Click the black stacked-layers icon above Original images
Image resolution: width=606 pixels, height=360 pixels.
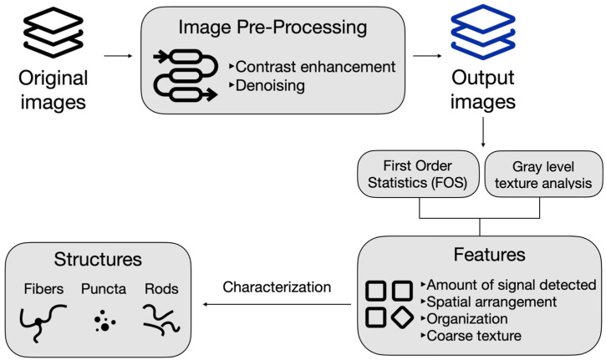(x=53, y=32)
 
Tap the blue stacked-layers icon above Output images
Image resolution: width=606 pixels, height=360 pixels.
(x=483, y=32)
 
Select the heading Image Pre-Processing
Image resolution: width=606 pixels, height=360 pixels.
(x=272, y=28)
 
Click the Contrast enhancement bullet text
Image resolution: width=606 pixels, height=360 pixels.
(x=315, y=67)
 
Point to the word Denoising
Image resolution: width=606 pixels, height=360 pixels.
(x=270, y=86)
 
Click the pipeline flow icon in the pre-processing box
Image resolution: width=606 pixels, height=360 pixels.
(x=186, y=75)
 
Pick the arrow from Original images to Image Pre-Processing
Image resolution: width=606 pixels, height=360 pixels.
(x=118, y=56)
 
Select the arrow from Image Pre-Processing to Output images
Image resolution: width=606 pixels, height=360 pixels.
(x=427, y=56)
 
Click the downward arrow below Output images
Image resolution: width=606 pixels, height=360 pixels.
(x=483, y=133)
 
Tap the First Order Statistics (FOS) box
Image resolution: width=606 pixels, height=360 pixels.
(x=418, y=175)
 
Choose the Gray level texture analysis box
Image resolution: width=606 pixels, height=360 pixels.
(x=543, y=175)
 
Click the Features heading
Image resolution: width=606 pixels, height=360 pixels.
(x=489, y=255)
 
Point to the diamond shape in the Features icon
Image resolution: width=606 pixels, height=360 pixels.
(x=402, y=317)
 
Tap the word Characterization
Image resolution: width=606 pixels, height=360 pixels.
(x=277, y=287)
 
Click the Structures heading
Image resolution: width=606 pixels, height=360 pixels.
(x=98, y=259)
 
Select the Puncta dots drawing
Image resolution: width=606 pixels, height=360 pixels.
(x=104, y=321)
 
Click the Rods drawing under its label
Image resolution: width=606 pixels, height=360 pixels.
(x=161, y=319)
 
